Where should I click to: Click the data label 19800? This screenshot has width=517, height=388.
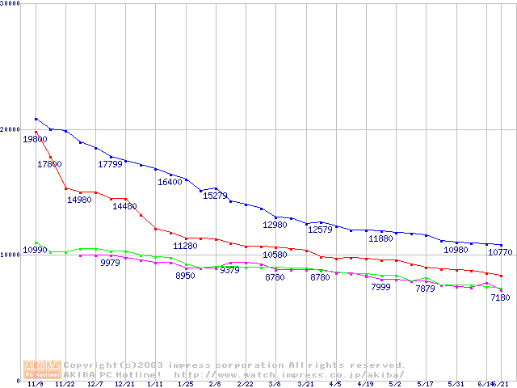35,139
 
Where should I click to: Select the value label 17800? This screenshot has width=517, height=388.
49,164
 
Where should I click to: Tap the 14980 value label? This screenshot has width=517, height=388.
79,200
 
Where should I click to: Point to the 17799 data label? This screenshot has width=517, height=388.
110,164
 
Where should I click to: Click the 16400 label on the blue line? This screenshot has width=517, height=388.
170,182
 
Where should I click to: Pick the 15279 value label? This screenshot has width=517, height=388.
215,196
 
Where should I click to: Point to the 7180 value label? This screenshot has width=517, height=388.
500,297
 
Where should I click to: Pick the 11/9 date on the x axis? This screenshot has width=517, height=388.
36,385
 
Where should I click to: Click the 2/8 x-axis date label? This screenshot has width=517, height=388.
215,385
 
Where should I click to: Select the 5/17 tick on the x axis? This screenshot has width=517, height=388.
425,385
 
